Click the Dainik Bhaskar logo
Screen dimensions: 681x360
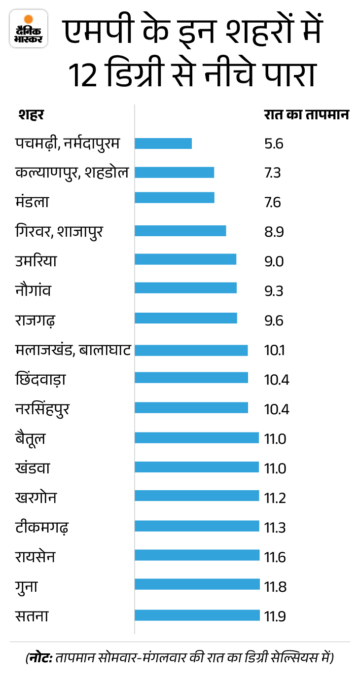pos(29,29)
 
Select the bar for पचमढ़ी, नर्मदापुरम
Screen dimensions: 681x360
pos(163,143)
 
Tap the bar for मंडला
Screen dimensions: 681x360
pos(174,198)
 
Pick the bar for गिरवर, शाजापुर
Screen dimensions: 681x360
pos(180,231)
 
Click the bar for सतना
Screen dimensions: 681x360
pos(197,615)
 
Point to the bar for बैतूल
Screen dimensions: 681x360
pos(196,438)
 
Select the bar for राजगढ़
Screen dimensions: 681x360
pos(185,318)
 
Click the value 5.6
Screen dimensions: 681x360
pos(274,144)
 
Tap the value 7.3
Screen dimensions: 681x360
pos(273,173)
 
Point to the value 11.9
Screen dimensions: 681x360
pos(275,616)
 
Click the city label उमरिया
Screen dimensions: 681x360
pos(36,260)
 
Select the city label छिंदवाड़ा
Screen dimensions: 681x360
pos(41,380)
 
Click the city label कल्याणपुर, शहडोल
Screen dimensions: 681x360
pos(72,173)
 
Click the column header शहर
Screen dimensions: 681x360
pos(31,115)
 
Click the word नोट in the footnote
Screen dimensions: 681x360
pos(41,658)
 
